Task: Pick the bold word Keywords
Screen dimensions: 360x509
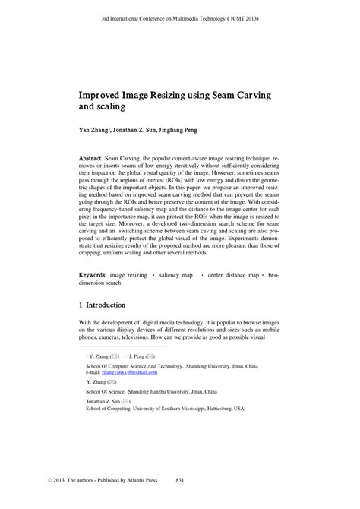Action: pos(98,272)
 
